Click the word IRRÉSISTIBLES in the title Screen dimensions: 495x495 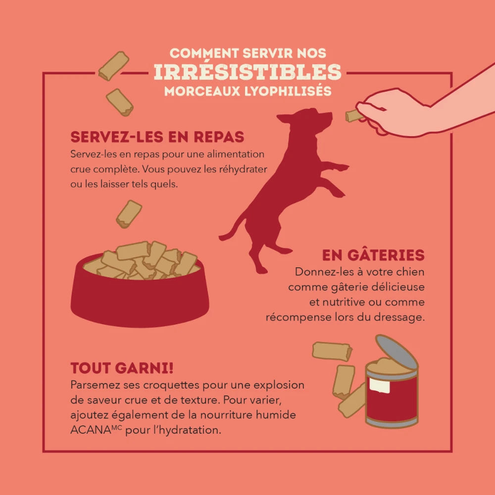pyautogui.click(x=247, y=72)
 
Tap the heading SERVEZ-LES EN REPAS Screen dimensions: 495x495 pyautogui.click(x=157, y=137)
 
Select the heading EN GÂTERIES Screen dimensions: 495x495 pyautogui.click(x=373, y=255)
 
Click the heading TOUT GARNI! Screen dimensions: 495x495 pyautogui.click(x=122, y=368)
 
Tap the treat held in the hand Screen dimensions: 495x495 pyautogui.click(x=353, y=116)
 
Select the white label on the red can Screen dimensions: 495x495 pyautogui.click(x=379, y=385)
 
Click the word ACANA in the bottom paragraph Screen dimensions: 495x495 pyautogui.click(x=91, y=430)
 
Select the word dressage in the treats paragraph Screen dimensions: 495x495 pyautogui.click(x=399, y=317)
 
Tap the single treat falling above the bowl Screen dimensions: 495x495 pyautogui.click(x=129, y=214)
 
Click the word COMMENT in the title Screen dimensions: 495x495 pyautogui.click(x=204, y=53)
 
